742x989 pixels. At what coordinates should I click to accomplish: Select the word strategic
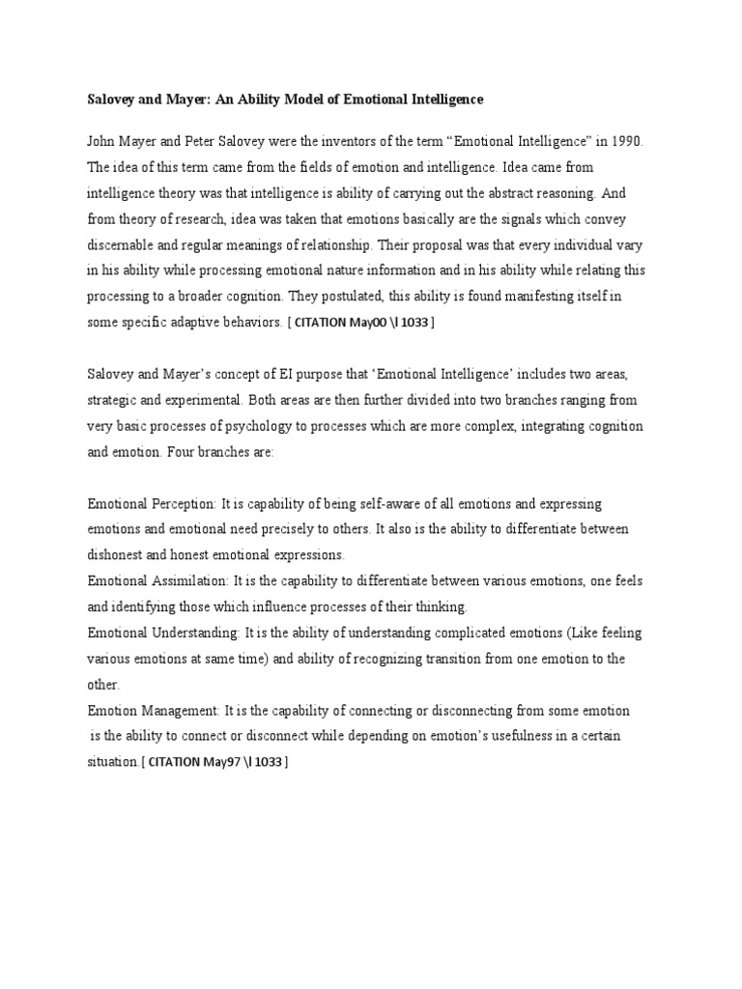click(x=115, y=399)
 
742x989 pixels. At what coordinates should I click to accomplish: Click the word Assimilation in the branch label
click(x=190, y=580)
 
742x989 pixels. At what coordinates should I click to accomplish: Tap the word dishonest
click(x=117, y=555)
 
